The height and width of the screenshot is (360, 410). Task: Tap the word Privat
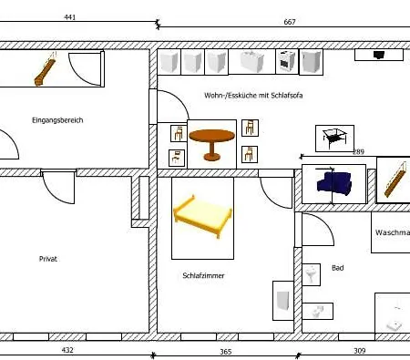tap(48, 259)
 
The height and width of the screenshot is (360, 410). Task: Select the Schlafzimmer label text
tap(203, 275)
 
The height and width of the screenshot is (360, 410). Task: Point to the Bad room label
tap(337, 268)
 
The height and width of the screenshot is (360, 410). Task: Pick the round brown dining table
tap(211, 144)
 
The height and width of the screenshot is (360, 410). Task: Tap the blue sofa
tap(333, 184)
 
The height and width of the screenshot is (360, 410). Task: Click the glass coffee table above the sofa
tap(334, 138)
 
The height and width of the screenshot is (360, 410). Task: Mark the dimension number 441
tap(69, 17)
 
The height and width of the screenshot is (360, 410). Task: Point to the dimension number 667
tap(289, 21)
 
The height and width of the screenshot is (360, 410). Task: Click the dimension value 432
tap(67, 350)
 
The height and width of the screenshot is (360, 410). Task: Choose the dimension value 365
tap(226, 351)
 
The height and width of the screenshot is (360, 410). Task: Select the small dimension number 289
tap(358, 152)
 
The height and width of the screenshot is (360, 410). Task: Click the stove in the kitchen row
tap(287, 61)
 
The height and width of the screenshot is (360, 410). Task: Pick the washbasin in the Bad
tap(312, 274)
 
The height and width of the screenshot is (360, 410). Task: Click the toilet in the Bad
tap(315, 312)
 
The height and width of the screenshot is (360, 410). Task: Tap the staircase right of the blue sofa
tap(392, 179)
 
